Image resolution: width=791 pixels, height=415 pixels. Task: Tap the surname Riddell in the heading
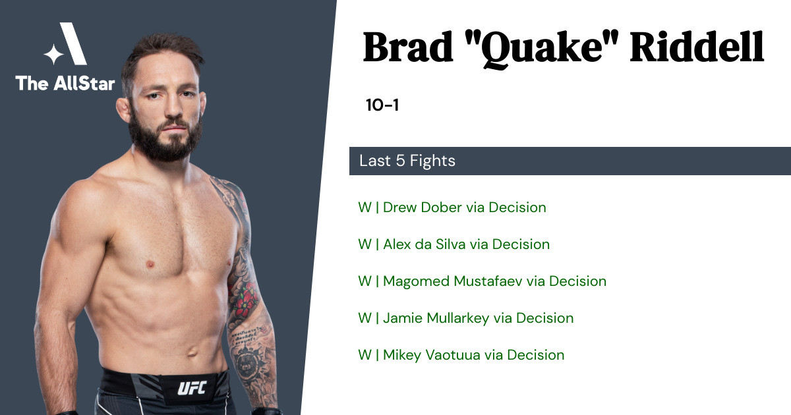[x=697, y=47]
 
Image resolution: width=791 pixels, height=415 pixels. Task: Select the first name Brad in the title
[x=408, y=47]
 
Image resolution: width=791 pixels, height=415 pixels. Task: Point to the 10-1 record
[x=382, y=105]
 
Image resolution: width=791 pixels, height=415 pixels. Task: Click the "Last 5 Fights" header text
[x=407, y=161]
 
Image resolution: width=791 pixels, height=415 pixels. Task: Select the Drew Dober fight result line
[x=452, y=207]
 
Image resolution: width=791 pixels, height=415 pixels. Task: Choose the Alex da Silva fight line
[x=454, y=244]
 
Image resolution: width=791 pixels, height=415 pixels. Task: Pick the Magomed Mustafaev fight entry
[x=482, y=281]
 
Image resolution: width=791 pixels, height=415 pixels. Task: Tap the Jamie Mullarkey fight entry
[x=466, y=318]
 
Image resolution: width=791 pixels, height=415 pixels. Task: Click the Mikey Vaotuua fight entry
[x=461, y=355]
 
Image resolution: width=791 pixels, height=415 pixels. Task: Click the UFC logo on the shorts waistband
[x=192, y=388]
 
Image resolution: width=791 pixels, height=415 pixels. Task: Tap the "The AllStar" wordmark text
[x=65, y=83]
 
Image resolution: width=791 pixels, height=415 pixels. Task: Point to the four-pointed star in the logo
[x=53, y=54]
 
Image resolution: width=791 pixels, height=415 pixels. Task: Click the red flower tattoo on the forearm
[x=244, y=302]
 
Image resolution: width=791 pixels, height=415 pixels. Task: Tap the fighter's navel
[x=192, y=352]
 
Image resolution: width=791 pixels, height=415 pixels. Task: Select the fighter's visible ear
[x=124, y=110]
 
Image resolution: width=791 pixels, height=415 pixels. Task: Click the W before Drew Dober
[x=365, y=207]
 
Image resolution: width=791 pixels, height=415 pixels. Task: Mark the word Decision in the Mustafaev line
[x=577, y=281]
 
